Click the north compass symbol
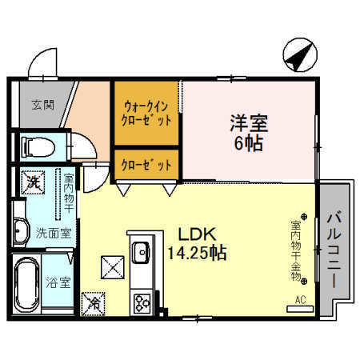pyautogui.click(x=300, y=54)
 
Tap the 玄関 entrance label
pyautogui.click(x=43, y=105)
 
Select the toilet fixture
pyautogui.click(x=39, y=147)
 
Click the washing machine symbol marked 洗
pyautogui.click(x=33, y=182)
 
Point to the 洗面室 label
pyautogui.click(x=54, y=234)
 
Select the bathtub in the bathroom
pyautogui.click(x=26, y=285)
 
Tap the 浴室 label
pyautogui.click(x=58, y=283)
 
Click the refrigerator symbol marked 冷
pyautogui.click(x=93, y=304)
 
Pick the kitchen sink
pyautogui.click(x=141, y=253)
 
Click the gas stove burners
pyautogui.click(x=142, y=303)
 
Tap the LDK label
pyautogui.click(x=197, y=234)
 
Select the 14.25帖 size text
pyautogui.click(x=197, y=253)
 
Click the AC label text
pyautogui.click(x=300, y=300)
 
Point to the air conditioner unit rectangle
pyautogui.click(x=300, y=310)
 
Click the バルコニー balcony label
pyautogui.click(x=334, y=249)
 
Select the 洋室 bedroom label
pyautogui.click(x=249, y=123)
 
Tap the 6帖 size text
pyautogui.click(x=249, y=143)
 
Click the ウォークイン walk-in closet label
pyautogui.click(x=146, y=106)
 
